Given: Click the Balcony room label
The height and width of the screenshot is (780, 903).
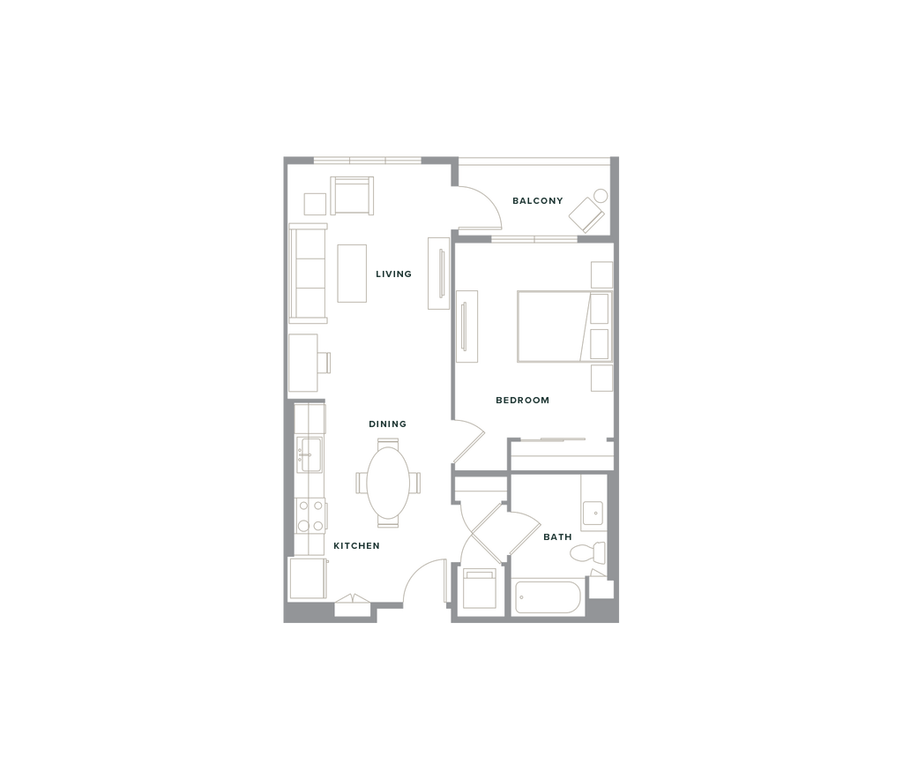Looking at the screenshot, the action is pos(538,201).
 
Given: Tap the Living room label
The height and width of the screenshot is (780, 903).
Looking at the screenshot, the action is pos(394,274).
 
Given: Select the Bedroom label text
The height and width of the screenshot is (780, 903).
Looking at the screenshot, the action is pos(524,401).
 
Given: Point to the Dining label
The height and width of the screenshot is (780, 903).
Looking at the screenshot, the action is pos(388,424).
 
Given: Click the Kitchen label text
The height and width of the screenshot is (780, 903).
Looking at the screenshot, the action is pos(356,546).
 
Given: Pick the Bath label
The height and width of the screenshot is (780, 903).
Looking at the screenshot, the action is pos(557,536).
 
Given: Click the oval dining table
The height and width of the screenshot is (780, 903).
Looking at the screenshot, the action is pos(388,482).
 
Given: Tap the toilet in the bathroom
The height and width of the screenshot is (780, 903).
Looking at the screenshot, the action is pos(585,553).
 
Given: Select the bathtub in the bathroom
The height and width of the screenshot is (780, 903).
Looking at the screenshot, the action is pos(547,598).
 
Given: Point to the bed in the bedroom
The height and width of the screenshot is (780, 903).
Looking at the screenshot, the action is pos(550,325).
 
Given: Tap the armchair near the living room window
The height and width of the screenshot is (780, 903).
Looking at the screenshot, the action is pos(352,195).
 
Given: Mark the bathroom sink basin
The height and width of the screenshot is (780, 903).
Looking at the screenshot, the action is pos(594,511).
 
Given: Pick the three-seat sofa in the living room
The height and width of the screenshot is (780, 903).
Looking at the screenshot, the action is pos(309,271).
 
